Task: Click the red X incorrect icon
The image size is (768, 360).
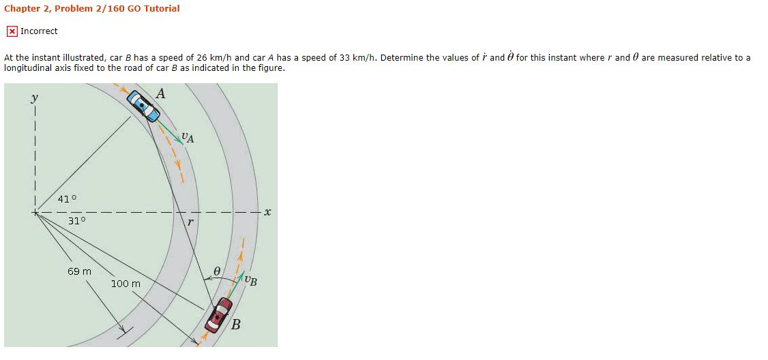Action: (12, 31)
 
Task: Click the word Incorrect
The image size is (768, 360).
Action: (39, 31)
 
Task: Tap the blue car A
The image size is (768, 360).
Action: (142, 104)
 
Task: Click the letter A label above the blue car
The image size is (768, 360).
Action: (160, 93)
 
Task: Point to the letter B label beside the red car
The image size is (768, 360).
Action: (235, 325)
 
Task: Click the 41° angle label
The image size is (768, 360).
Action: (67, 199)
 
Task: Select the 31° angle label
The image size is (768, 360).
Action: (77, 221)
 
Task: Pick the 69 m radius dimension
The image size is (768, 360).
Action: (79, 271)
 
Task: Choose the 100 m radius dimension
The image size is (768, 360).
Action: (125, 283)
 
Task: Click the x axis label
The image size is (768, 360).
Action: (267, 213)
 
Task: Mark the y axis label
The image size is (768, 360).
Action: (33, 99)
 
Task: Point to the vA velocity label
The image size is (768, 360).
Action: (188, 138)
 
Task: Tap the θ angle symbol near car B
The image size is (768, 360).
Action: (216, 271)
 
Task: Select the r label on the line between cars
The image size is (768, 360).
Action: (191, 222)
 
